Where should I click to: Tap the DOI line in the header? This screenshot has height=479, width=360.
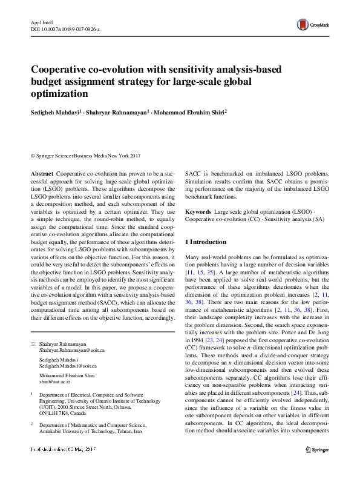65,28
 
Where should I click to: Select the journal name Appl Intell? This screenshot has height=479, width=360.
42,22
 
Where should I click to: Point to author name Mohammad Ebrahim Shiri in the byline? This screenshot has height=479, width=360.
189,112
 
